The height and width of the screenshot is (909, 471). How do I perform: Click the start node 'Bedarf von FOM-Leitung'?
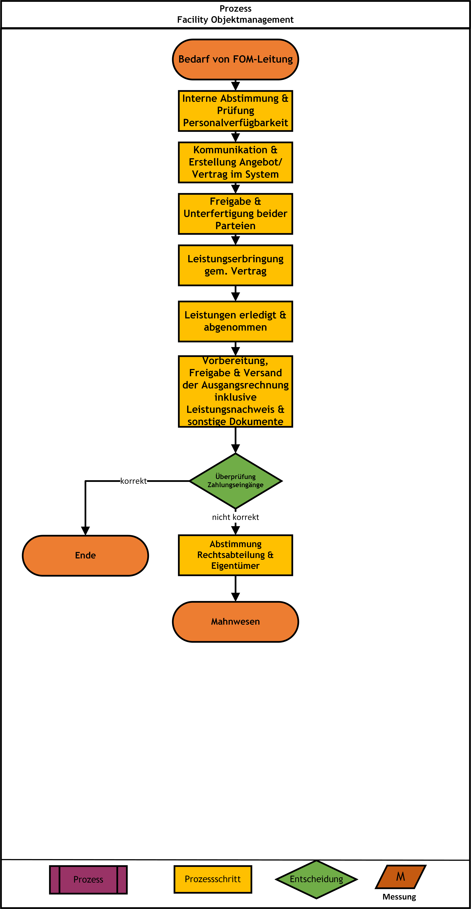point(235,59)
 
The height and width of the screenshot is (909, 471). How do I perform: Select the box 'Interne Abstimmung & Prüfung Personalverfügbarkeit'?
point(235,111)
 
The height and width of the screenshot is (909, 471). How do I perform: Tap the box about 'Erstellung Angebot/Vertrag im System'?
point(235,162)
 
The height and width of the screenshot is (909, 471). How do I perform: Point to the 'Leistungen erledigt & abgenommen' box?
point(235,321)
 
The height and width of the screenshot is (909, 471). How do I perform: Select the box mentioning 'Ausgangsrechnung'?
point(235,391)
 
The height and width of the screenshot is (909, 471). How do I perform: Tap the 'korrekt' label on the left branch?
point(133,481)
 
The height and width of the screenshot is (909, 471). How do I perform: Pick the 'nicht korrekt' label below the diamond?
point(235,517)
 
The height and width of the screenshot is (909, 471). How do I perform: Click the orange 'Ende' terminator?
point(85,555)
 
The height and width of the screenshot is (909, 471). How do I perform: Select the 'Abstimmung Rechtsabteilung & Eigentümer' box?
point(235,555)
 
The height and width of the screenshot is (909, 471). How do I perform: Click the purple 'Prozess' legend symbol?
point(88,879)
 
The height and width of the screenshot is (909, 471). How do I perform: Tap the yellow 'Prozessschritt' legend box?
point(213,879)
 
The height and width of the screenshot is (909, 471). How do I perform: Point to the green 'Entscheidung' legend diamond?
point(316,879)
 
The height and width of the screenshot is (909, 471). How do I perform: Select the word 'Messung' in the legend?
point(399,897)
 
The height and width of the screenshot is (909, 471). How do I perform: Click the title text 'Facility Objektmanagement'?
point(235,20)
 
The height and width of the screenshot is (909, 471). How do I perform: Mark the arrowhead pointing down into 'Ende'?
point(85,531)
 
